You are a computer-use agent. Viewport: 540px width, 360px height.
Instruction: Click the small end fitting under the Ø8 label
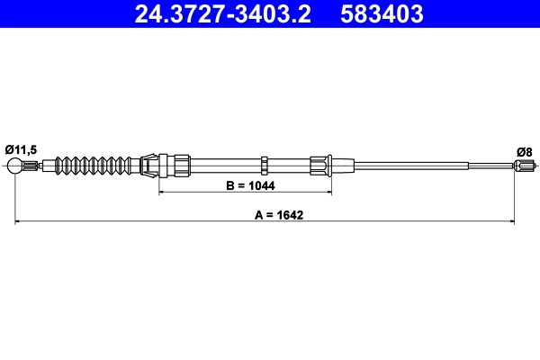523,165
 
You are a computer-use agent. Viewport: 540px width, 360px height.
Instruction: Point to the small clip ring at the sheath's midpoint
265,165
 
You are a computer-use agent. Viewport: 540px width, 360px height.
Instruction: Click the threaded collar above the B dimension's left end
180,165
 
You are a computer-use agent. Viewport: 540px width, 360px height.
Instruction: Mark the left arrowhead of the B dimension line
163,193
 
